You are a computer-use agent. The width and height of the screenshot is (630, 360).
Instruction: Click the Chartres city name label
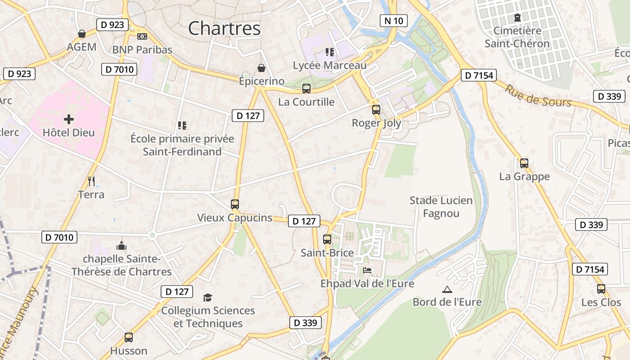[x=224, y=28]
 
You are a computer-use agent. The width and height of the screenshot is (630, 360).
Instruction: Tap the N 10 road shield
[x=393, y=20]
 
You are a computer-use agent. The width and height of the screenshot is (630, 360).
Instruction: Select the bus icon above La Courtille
[x=306, y=89]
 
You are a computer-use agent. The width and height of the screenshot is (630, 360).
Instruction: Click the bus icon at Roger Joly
[x=376, y=109]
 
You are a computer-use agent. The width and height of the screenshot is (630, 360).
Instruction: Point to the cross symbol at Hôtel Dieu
[x=68, y=119]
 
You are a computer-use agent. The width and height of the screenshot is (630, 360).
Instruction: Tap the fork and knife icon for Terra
[x=91, y=181]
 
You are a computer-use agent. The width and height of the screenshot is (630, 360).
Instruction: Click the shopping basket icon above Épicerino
[x=261, y=68]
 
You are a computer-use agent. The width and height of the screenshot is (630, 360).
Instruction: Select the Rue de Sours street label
[x=538, y=96]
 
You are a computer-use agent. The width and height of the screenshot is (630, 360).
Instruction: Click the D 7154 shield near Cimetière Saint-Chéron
[x=478, y=75]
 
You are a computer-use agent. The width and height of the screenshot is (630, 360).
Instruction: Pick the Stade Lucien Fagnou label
[x=441, y=207]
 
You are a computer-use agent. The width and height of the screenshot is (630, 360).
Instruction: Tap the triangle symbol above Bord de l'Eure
[x=447, y=289]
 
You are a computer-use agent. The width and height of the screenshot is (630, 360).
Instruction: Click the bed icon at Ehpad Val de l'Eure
[x=367, y=270]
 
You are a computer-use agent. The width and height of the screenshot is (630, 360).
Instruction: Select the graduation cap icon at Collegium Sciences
[x=207, y=297]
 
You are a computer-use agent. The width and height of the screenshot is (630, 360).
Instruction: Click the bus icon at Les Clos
[x=601, y=289]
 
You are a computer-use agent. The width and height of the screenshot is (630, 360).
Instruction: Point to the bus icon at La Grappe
[x=524, y=163]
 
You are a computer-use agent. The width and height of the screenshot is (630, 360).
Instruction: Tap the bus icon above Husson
[x=129, y=337]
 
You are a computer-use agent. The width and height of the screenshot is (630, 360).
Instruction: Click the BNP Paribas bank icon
[x=142, y=36]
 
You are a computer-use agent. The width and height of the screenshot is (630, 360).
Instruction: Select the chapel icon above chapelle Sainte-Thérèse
[x=121, y=246]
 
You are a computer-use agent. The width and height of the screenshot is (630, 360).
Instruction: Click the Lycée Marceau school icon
[x=330, y=52]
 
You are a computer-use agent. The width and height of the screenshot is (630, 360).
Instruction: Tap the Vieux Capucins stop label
[x=234, y=218]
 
